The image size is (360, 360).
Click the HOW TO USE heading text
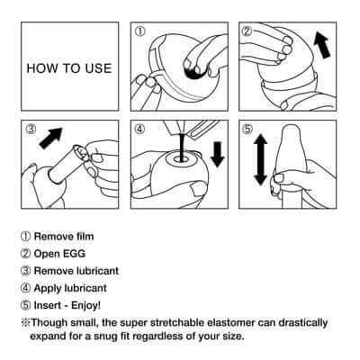pos(69,67)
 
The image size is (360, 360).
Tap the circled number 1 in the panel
pos(139,31)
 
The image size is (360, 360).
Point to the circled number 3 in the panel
pos(31,130)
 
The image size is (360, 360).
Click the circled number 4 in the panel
pos(139,130)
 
